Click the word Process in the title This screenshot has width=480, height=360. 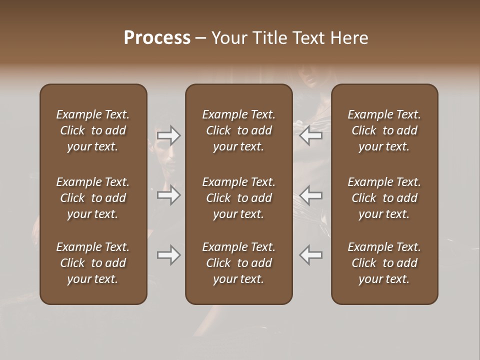click(x=157, y=38)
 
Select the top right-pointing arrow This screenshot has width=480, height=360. click(x=168, y=135)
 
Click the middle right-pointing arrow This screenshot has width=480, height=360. click(x=168, y=194)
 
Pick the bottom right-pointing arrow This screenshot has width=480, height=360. click(x=168, y=255)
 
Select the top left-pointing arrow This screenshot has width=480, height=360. click(x=311, y=135)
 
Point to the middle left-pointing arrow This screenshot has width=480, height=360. click(x=311, y=194)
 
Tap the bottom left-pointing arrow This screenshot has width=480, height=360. click(x=311, y=255)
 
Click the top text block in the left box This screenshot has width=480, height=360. click(x=93, y=130)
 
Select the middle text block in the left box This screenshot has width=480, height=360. click(x=93, y=198)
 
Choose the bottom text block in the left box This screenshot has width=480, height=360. click(x=93, y=263)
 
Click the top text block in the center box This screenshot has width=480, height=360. click(x=238, y=130)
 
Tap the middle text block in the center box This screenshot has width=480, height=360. click(x=238, y=198)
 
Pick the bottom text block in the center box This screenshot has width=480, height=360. click(x=238, y=263)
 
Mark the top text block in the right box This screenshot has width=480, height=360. click(x=384, y=130)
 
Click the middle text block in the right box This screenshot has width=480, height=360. click(x=384, y=198)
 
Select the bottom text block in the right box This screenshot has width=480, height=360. click(x=384, y=263)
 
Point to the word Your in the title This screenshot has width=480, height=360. click(x=229, y=38)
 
